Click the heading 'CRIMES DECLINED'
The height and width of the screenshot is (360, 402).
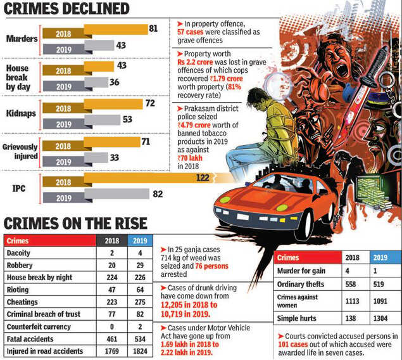pos(66,9)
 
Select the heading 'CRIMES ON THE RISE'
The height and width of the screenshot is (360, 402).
pos(75,224)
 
